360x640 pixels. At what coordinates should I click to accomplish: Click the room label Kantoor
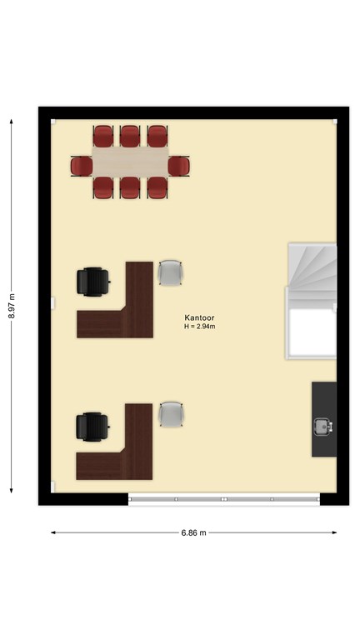pyautogui.click(x=199, y=317)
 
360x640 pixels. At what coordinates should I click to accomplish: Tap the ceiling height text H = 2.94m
pyautogui.click(x=200, y=327)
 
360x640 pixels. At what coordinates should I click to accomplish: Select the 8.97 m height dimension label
pyautogui.click(x=12, y=306)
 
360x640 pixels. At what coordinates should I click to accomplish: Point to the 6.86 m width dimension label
pyautogui.click(x=194, y=532)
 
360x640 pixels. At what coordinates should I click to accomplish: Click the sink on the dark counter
pyautogui.click(x=323, y=427)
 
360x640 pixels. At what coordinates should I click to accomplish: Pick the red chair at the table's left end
pyautogui.click(x=82, y=167)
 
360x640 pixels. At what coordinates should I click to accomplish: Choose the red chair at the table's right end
pyautogui.click(x=179, y=167)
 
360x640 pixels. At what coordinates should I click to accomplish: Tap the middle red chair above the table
pyautogui.click(x=130, y=136)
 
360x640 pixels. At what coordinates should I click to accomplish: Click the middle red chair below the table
pyautogui.click(x=130, y=187)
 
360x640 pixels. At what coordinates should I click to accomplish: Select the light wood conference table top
pyautogui.click(x=131, y=162)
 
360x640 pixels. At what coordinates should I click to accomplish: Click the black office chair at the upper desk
pyautogui.click(x=93, y=281)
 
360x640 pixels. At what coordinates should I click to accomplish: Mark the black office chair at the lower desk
pyautogui.click(x=92, y=427)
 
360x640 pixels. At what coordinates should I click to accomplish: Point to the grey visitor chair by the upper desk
pyautogui.click(x=170, y=272)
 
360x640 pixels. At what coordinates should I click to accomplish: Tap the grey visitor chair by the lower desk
pyautogui.click(x=171, y=414)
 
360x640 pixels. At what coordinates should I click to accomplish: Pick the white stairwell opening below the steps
pyautogui.click(x=312, y=332)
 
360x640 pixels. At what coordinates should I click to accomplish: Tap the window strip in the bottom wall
pyautogui.click(x=224, y=499)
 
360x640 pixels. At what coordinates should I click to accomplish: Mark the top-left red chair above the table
pyautogui.click(x=102, y=136)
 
